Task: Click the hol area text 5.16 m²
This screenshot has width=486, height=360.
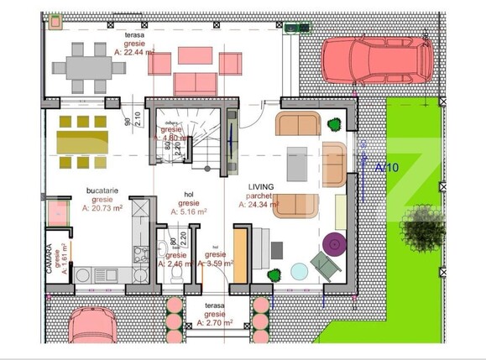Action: coord(189,212)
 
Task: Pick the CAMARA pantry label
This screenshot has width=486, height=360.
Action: coord(50,258)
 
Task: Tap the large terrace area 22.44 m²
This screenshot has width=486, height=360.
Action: coord(134,52)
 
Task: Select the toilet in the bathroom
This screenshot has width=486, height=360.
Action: coord(164,249)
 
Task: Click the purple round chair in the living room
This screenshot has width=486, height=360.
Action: coord(335,244)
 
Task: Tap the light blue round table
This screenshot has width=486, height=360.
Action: coord(299,271)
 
